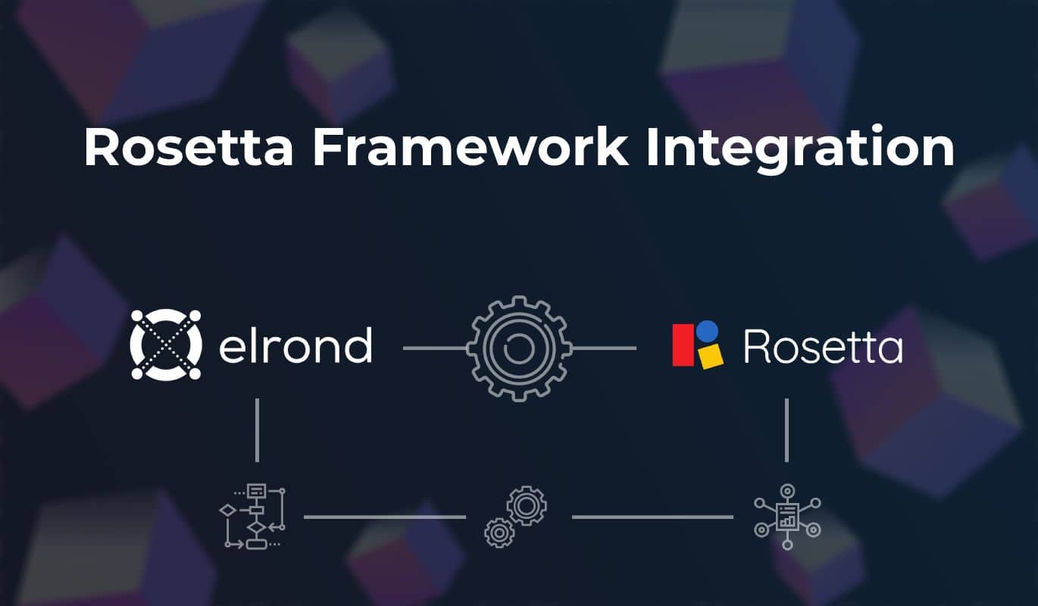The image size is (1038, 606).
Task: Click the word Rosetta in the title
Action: [189, 147]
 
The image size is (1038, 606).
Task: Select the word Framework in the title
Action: [470, 147]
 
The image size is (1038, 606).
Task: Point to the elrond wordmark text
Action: [295, 345]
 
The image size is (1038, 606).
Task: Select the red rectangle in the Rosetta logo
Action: [683, 345]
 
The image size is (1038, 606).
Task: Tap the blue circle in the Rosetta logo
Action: [708, 331]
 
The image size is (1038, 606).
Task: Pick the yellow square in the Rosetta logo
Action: [711, 356]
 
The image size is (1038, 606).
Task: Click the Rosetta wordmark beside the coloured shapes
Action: [824, 346]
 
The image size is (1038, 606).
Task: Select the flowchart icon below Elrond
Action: [252, 517]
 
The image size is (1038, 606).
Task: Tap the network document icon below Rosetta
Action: [787, 517]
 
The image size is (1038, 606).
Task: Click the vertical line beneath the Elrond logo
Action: [257, 430]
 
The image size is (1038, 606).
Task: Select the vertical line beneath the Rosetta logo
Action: [786, 430]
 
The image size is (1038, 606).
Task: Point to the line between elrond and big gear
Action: [435, 348]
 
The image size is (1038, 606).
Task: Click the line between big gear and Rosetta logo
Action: [604, 348]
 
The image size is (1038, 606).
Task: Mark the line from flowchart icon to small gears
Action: [385, 517]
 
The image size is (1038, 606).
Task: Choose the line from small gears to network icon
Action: [652, 517]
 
